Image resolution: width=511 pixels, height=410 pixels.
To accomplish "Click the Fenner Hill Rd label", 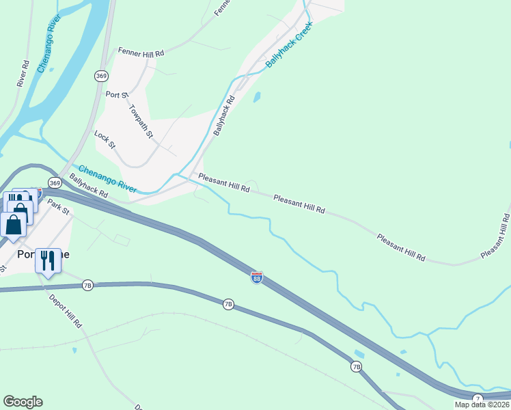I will tap(141, 52).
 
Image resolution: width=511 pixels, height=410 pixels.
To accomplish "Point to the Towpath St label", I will tap(141, 120).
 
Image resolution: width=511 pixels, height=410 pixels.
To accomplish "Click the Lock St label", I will tap(106, 140).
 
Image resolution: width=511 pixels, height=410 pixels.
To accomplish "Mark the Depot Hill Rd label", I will tap(65, 310).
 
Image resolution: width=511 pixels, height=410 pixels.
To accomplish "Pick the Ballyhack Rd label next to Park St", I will tap(89, 185).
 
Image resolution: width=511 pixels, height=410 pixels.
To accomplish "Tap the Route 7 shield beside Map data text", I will tap(478, 398).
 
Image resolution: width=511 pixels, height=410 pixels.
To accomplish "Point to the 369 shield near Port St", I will tap(101, 76).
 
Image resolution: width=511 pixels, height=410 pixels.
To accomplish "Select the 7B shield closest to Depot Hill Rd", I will tap(87, 286).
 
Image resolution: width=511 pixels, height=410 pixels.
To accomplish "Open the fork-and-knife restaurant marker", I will tap(47, 260).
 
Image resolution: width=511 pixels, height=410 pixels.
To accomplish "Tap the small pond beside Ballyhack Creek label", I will tap(257, 98).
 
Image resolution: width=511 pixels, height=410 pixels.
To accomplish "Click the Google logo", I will tap(23, 402).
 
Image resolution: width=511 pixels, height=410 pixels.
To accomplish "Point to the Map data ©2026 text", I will tap(482, 405).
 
